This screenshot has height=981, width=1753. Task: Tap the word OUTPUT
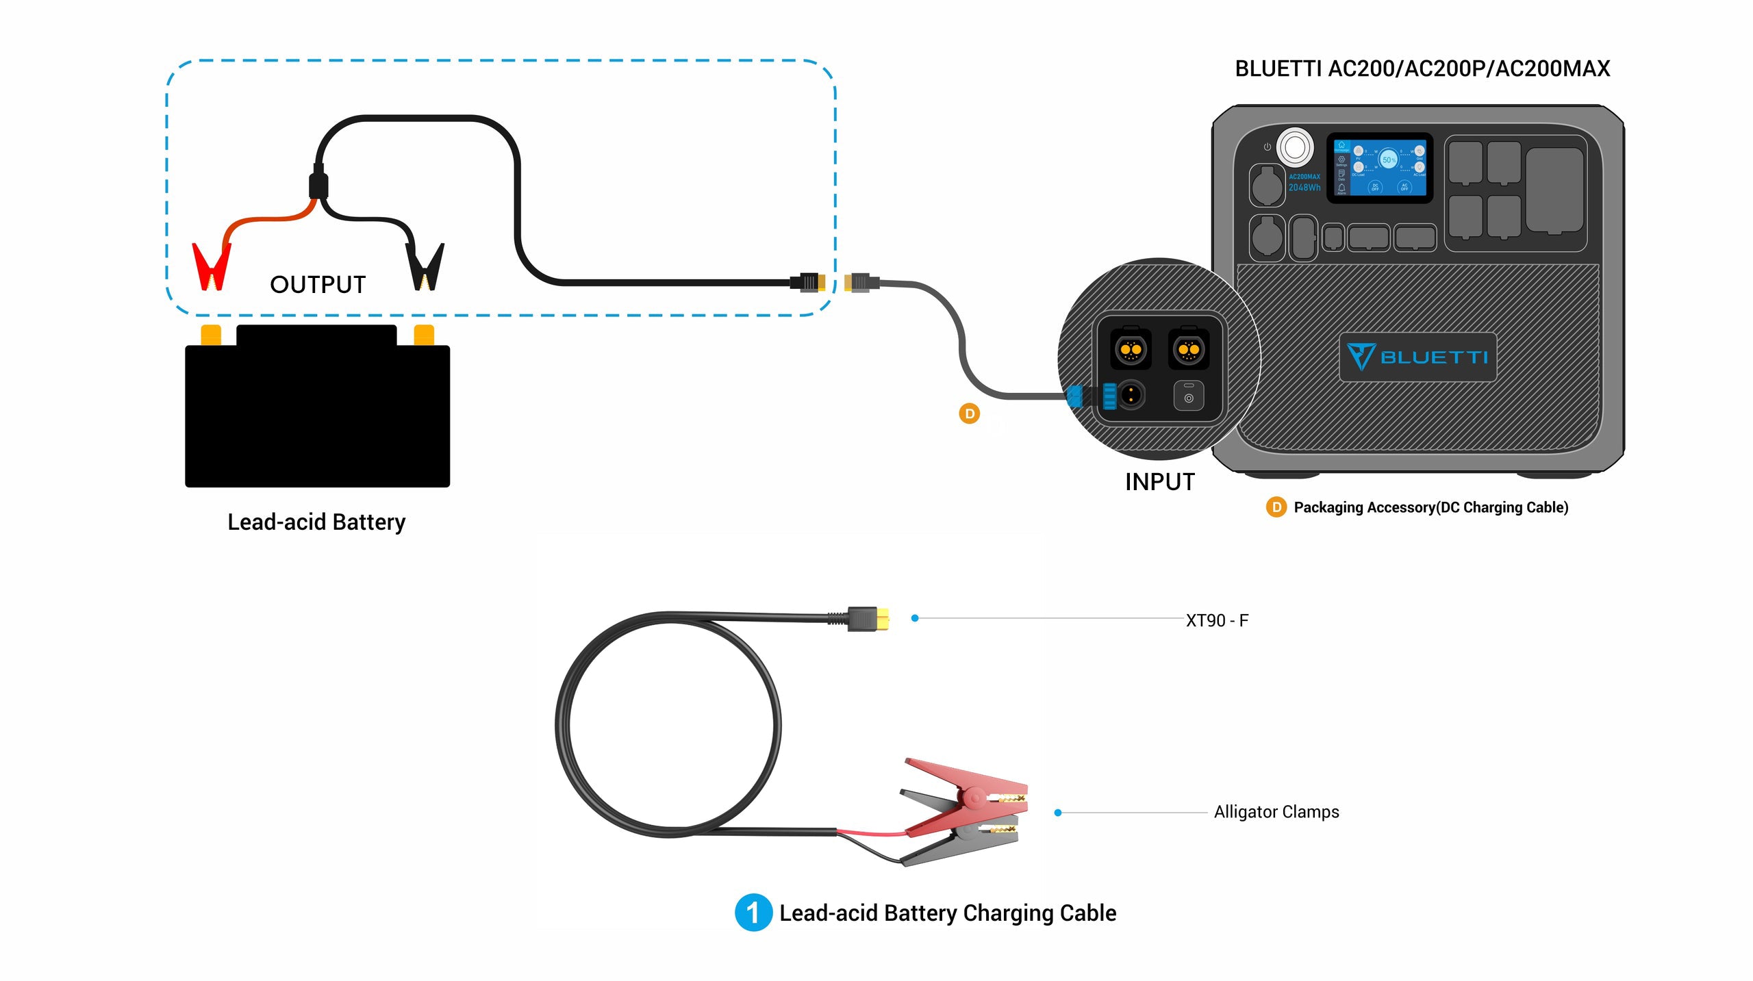coord(318,285)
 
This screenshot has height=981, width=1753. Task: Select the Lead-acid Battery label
coord(316,522)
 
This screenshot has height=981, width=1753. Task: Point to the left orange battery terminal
coord(211,335)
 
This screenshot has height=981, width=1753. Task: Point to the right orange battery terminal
coord(424,335)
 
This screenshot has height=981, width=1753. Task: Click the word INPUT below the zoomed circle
coord(1159,482)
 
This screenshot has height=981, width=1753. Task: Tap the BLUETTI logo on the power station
coord(1417,357)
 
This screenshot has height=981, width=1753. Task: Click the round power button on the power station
coord(1294,146)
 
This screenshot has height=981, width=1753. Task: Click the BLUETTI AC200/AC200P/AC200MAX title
coord(1422,68)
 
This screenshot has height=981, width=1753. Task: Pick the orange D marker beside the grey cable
coord(969,413)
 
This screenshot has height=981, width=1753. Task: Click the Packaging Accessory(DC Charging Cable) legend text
coord(1430,507)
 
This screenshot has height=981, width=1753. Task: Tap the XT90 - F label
coord(1217,620)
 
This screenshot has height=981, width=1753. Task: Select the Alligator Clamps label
coord(1276,812)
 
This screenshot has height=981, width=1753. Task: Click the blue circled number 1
coord(753,913)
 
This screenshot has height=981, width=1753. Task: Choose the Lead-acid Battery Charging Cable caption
coord(948,913)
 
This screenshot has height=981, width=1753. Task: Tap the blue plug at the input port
coord(1075,396)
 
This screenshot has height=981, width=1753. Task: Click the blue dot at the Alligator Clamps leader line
coord(1058,813)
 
